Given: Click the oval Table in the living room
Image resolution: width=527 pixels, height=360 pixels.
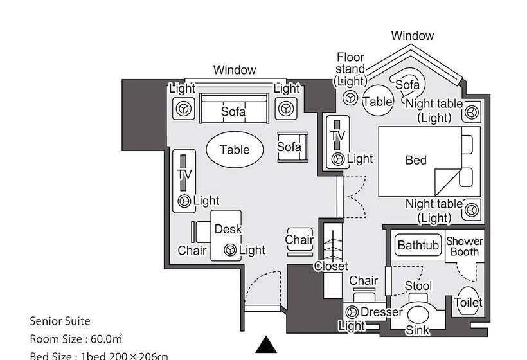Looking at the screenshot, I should click(x=235, y=150).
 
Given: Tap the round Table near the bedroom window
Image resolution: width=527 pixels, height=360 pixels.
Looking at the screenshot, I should click(x=377, y=102).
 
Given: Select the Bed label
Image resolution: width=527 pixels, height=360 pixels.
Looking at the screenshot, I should click(x=416, y=160).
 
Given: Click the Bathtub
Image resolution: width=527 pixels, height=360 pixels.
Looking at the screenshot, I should click(x=418, y=245).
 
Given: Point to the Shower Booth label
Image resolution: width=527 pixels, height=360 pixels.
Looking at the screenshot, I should click(x=464, y=247).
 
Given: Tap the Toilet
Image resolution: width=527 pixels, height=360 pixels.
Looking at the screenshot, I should click(x=468, y=302).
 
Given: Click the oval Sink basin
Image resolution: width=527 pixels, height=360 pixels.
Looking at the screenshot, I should click(x=418, y=316).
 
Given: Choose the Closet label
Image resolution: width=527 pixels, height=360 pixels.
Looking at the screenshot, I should click(x=331, y=265).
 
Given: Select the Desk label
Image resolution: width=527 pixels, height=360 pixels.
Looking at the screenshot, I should click(x=228, y=229).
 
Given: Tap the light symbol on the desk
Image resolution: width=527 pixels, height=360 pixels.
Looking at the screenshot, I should click(x=229, y=249).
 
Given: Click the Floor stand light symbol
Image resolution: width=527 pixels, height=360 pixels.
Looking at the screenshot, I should click(x=350, y=98).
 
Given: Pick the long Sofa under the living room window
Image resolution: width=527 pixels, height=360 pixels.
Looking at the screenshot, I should click(x=233, y=110).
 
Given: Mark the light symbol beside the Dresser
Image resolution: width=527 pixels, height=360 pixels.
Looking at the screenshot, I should click(x=352, y=312).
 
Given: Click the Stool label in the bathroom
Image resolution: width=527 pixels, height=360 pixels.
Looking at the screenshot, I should click(x=418, y=285).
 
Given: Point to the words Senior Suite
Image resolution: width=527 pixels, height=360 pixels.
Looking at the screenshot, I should click(x=60, y=321).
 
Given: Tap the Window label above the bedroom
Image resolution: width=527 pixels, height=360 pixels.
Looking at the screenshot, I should click(x=412, y=36).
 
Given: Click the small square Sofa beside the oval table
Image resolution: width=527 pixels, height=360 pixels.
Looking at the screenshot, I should click(x=289, y=147).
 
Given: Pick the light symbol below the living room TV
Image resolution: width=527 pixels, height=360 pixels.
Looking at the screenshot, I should click(x=185, y=201).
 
